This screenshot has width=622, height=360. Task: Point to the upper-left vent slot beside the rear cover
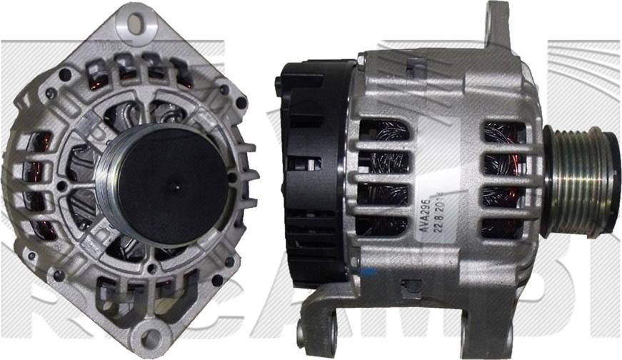coord(383,131)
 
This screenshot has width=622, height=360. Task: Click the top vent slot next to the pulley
coord(505,131)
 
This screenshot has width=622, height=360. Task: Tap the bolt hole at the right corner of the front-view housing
coord(241,102)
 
